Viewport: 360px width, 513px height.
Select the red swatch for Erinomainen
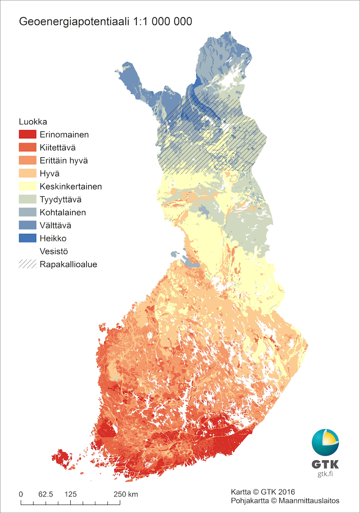point(28,134)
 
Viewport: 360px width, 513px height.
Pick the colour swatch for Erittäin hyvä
point(28,160)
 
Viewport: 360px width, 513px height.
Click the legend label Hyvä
point(50,173)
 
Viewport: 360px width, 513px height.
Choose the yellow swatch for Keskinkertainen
point(28,186)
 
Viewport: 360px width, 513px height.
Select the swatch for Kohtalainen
point(28,212)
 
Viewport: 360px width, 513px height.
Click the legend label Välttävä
point(55,225)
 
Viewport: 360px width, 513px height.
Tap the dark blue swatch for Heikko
point(28,238)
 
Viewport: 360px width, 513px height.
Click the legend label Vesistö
point(54,251)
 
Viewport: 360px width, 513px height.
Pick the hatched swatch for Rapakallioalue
point(28,264)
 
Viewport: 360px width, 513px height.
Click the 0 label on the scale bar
point(21,494)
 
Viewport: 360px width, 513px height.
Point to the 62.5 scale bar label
point(46,494)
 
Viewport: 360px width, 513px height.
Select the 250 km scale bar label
point(126,494)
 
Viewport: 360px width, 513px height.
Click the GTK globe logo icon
point(325,442)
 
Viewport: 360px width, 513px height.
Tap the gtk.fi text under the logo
point(325,474)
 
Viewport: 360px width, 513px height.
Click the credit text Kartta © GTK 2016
point(262,491)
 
